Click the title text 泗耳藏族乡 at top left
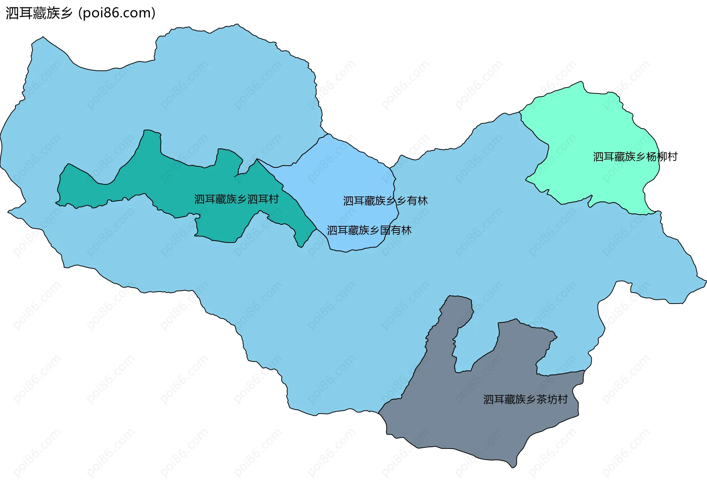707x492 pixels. pyautogui.click(x=39, y=13)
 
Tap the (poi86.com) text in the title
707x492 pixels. pyautogui.click(x=117, y=13)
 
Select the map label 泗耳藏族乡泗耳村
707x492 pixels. pyautogui.click(x=236, y=199)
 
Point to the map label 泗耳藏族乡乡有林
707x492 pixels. pyautogui.click(x=385, y=201)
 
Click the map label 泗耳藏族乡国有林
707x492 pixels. pyautogui.click(x=369, y=230)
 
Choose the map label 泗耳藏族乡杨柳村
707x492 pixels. pyautogui.click(x=635, y=157)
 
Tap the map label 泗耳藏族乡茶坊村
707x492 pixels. pyautogui.click(x=525, y=399)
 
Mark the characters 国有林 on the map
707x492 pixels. pyautogui.click(x=396, y=230)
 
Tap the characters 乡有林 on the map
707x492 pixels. pyautogui.click(x=412, y=201)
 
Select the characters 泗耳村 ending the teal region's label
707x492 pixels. pyautogui.click(x=263, y=199)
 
